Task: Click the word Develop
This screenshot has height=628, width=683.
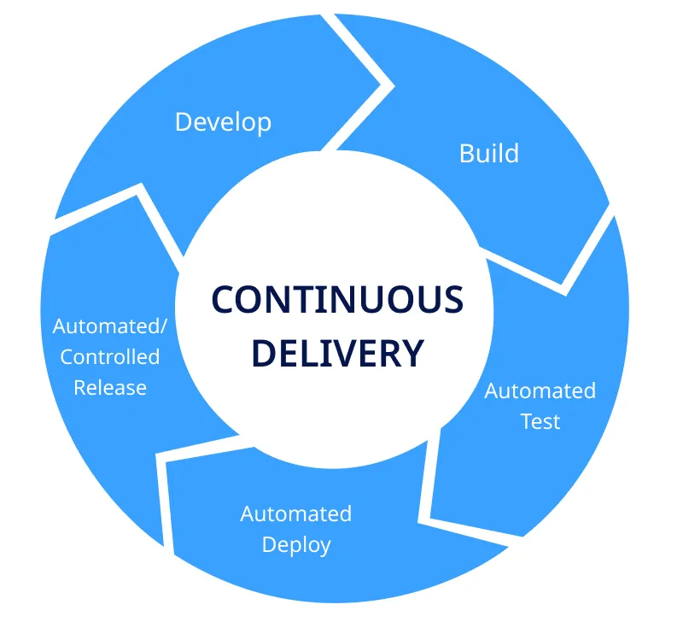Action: pos(223,122)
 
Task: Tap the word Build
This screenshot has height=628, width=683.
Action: pos(488,154)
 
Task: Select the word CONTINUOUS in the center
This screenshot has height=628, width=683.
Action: pos(337,300)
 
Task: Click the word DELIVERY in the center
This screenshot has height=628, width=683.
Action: pos(339,353)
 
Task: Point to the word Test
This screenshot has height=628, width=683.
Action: pos(540,421)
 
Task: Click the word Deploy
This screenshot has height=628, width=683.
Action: pos(296,544)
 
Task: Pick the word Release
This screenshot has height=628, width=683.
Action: pos(110,387)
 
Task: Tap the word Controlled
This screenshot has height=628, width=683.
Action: pos(109,356)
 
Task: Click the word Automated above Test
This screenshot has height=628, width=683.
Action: pos(540,390)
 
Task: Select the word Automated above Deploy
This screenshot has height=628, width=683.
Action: pos(295,514)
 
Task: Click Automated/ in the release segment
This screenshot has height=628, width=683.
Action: pos(110,326)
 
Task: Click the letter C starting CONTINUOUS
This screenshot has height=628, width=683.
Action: pos(224,300)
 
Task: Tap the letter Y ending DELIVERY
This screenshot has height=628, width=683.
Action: pos(413,353)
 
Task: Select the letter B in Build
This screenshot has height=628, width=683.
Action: pos(466,154)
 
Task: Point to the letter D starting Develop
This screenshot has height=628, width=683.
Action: pos(183,122)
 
